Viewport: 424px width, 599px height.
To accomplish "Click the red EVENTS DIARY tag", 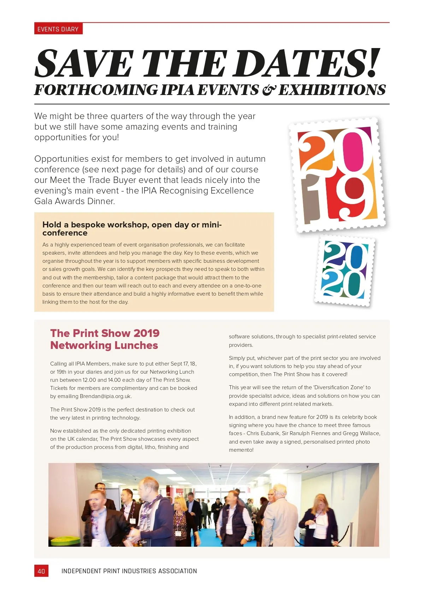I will (x=58, y=29).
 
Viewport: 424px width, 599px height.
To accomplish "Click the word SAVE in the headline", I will (x=84, y=64).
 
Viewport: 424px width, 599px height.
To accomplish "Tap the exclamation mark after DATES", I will (x=373, y=63).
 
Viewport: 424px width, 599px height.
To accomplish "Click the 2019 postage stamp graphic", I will (x=337, y=175).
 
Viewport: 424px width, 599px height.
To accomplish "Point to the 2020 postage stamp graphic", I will (x=344, y=270).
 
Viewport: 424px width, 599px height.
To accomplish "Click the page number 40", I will (x=41, y=571).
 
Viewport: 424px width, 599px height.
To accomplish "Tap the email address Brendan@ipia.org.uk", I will (x=105, y=396).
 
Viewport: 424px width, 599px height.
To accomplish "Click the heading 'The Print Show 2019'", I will (x=105, y=333).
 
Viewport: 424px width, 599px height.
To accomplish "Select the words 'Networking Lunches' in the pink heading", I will (x=104, y=345).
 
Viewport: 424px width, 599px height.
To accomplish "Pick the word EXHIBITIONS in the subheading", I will (x=332, y=90).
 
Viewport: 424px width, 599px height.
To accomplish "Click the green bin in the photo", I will (x=65, y=540).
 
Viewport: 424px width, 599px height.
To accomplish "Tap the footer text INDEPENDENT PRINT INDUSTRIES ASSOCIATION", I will (x=129, y=571).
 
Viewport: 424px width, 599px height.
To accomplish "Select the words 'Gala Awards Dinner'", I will (x=74, y=201).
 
